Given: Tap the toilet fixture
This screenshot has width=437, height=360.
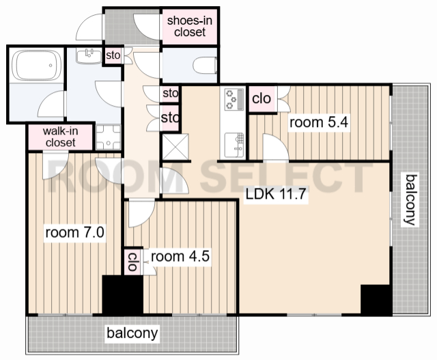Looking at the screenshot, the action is tap(205, 66).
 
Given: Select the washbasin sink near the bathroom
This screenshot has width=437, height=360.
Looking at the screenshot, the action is tap(89, 56).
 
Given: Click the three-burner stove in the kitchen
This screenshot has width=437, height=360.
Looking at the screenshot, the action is tap(234, 99).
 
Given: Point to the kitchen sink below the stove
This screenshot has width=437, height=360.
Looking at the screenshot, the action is tap(234, 145).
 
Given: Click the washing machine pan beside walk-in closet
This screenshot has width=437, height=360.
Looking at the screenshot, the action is tap(109, 137).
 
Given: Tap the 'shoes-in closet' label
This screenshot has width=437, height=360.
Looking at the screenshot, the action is tap(190, 26).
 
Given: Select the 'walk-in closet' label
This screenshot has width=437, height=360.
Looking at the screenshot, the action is tap(61, 137).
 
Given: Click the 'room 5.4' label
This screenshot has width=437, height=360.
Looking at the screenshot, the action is tap(319, 122).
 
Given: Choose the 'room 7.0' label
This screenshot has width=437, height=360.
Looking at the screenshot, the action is tap(74, 232).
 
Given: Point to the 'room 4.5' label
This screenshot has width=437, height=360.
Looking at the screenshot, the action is tap(180, 256).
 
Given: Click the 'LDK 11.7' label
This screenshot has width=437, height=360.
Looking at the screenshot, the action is tap(276, 194).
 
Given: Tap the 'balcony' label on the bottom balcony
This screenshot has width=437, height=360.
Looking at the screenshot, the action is tap(132, 333).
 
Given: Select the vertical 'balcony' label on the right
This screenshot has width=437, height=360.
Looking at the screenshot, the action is tap(411, 199).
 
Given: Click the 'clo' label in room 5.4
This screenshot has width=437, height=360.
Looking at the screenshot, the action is tap(261, 98).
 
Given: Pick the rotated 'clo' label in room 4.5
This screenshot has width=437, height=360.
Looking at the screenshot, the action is tap(132, 262).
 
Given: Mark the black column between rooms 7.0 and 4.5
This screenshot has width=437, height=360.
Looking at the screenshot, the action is tap(123, 296).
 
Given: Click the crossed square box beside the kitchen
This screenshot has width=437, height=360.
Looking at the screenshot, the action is tap(175, 147).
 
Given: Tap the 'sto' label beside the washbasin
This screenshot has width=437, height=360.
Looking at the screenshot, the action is tap(113, 55).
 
